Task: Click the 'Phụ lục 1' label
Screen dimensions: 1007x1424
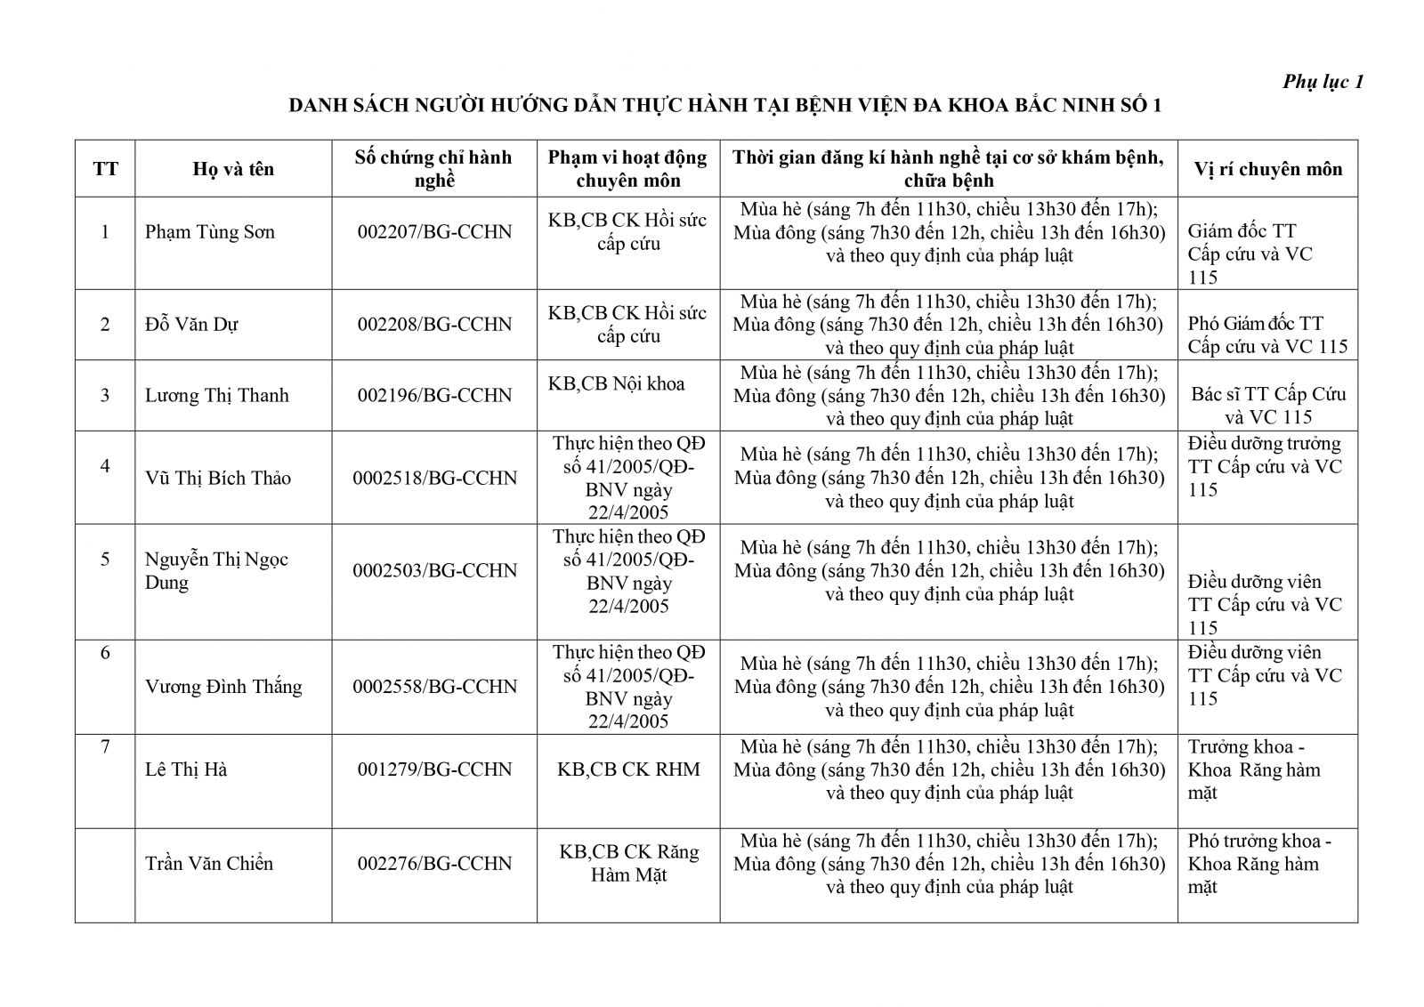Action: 1323,82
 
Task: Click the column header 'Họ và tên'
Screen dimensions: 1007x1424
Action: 233,169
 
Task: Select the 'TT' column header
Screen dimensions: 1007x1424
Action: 105,169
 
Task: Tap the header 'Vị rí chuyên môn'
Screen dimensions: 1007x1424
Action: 1267,169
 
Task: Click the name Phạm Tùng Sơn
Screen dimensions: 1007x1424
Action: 210,232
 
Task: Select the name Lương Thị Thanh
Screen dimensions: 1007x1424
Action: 217,395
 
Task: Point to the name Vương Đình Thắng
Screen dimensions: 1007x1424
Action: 223,687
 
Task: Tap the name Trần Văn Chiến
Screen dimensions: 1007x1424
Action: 209,863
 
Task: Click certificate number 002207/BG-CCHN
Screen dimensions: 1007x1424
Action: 434,232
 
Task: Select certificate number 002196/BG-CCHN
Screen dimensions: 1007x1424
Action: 434,395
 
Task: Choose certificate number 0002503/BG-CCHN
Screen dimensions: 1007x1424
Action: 434,570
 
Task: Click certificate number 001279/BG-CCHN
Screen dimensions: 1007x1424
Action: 434,769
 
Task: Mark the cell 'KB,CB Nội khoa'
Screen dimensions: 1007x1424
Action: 617,383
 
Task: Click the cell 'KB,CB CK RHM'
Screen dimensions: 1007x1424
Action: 628,769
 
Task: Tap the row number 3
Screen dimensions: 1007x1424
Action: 105,395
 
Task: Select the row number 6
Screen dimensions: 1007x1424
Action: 105,653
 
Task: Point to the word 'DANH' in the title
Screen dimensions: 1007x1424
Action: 320,106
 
